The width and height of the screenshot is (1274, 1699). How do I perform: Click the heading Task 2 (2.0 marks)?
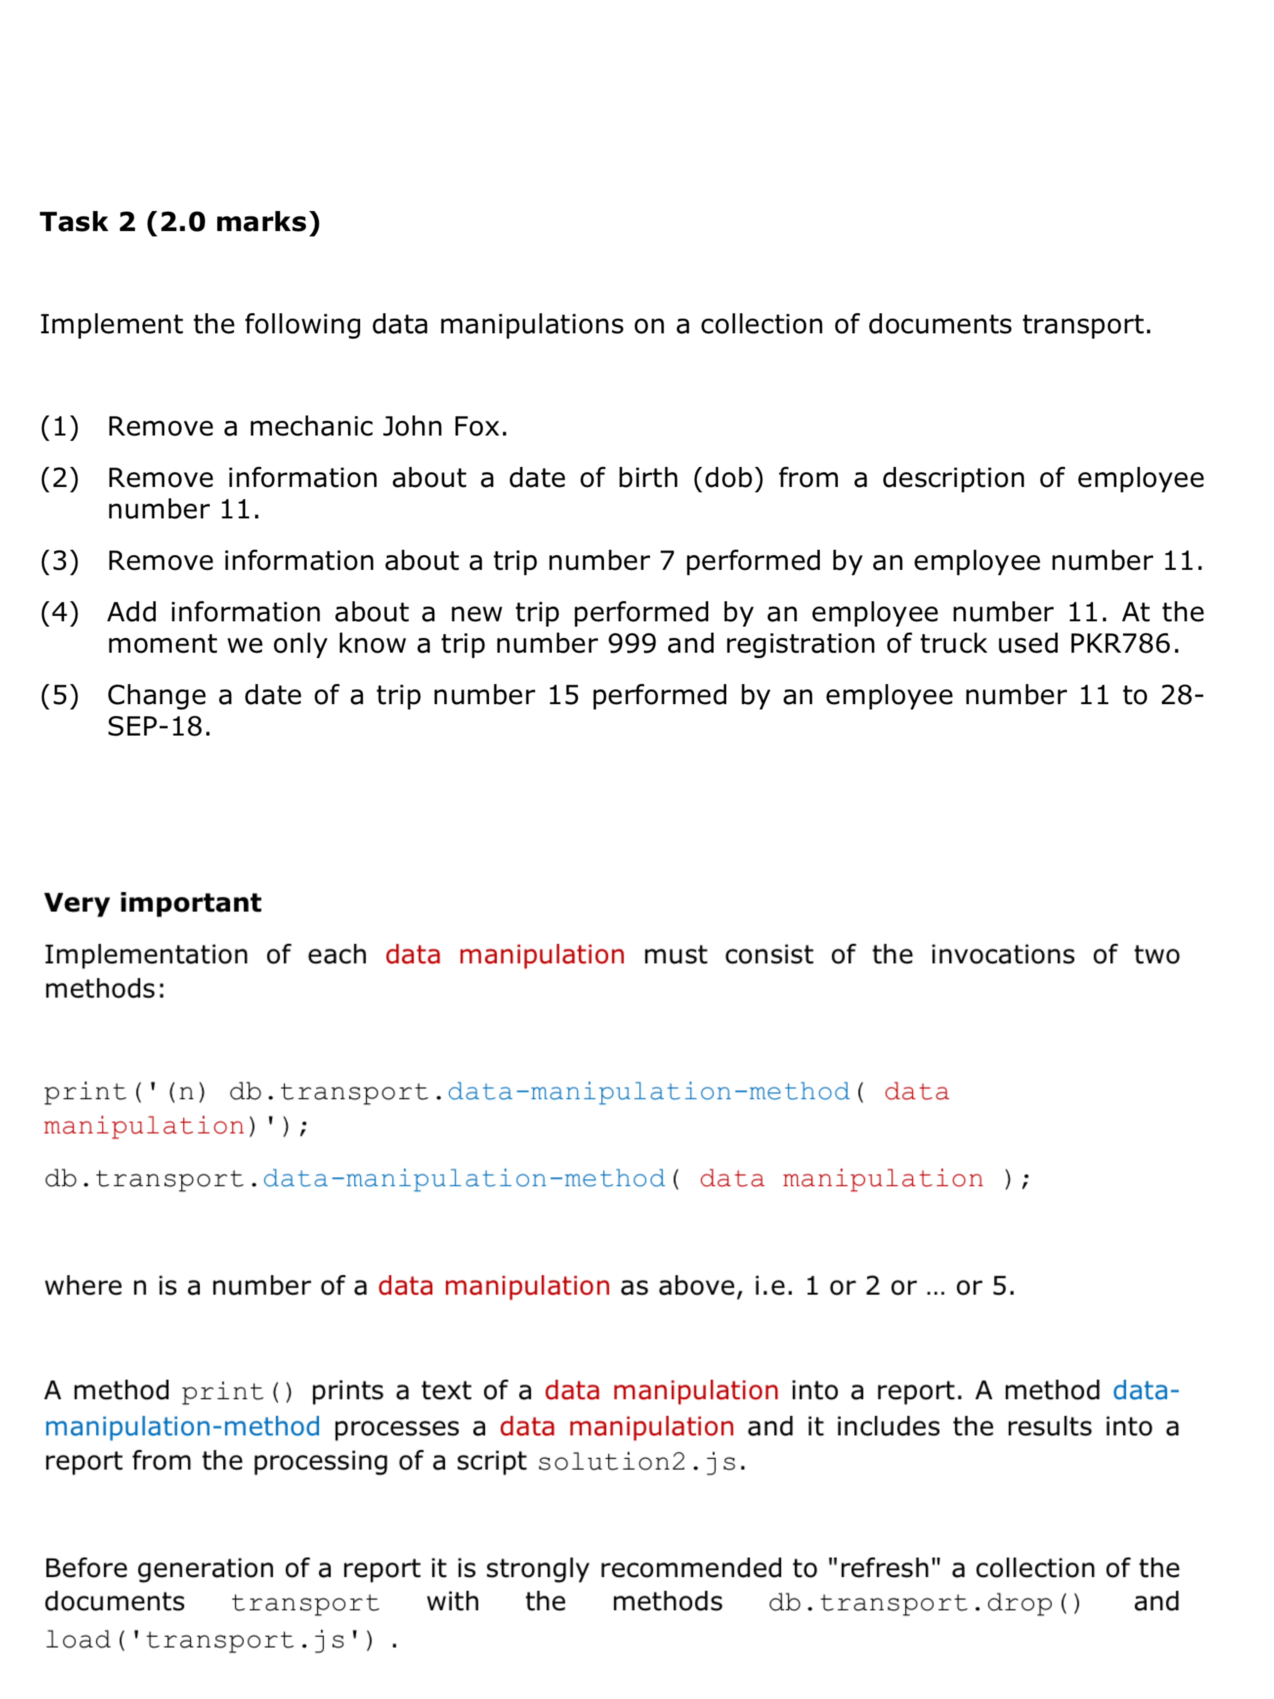point(180,222)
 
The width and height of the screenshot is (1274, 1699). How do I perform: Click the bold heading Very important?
point(153,902)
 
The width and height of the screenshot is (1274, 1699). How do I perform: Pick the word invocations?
point(1002,955)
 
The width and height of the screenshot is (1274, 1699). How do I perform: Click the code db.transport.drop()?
point(924,1603)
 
